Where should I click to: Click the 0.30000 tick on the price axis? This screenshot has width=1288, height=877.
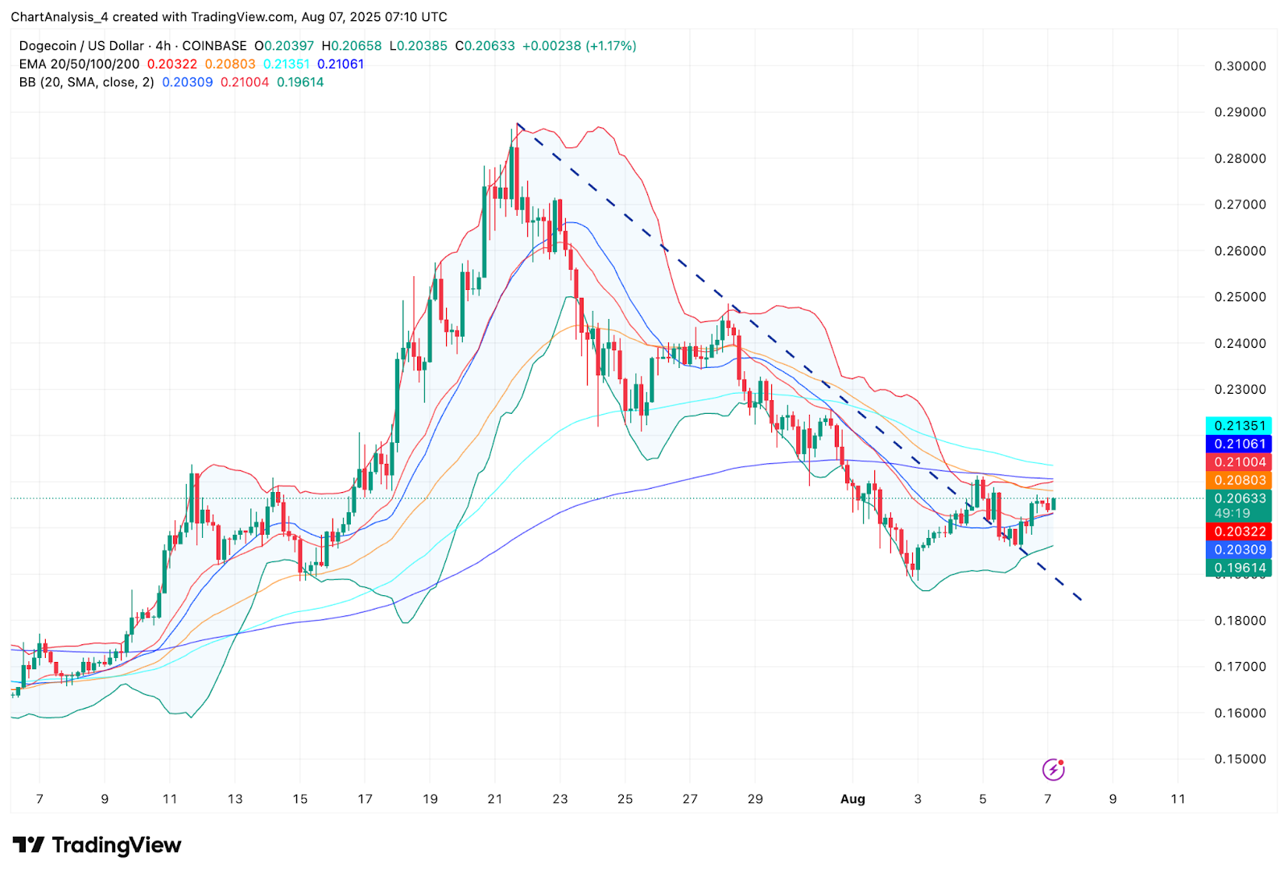point(1240,66)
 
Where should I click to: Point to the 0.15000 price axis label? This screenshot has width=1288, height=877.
point(1240,759)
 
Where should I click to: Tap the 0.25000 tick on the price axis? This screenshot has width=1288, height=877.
point(1240,297)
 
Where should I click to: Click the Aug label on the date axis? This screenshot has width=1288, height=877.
point(852,799)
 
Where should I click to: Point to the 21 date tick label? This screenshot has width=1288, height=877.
point(495,799)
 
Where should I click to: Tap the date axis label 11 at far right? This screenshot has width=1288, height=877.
point(1178,799)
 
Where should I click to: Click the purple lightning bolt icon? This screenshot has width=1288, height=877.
point(1053,770)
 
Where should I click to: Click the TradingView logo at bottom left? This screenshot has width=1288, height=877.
point(97,845)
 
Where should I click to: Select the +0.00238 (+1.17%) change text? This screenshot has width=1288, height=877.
point(579,46)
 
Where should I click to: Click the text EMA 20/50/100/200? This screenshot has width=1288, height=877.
point(79,64)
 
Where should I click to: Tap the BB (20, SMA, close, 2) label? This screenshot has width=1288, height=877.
point(86,82)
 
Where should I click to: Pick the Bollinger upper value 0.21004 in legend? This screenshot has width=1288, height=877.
point(245,82)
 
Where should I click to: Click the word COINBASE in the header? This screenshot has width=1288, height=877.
point(214,46)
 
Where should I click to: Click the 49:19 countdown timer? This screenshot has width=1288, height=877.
point(1232,513)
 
